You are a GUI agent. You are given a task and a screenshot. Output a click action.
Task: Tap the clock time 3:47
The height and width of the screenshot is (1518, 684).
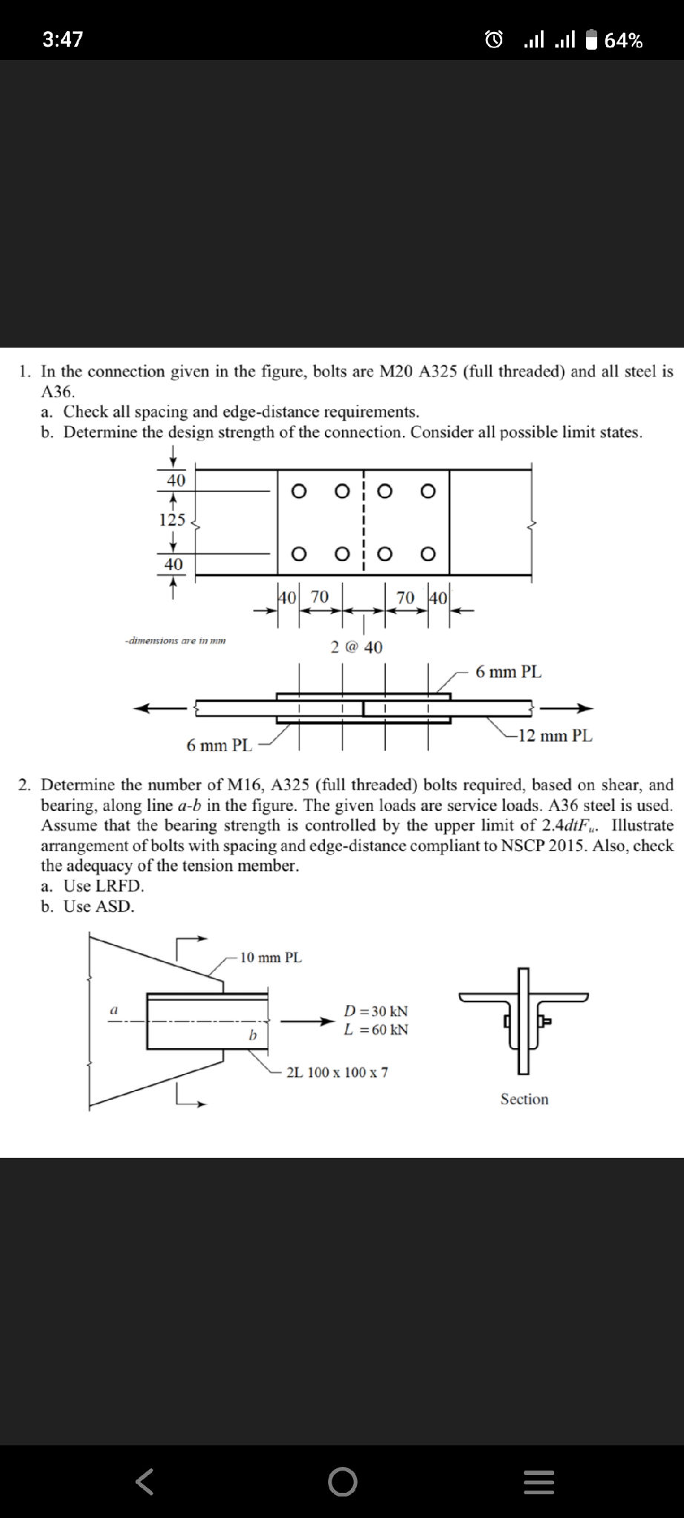63,39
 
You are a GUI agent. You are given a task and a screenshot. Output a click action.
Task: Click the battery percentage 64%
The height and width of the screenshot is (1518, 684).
623,40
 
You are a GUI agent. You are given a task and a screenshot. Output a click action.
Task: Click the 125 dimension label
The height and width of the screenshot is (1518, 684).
172,520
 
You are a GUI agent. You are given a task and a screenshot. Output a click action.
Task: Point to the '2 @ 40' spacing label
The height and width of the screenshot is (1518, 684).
357,647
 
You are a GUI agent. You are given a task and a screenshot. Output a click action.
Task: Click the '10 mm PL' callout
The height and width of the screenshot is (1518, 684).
271,958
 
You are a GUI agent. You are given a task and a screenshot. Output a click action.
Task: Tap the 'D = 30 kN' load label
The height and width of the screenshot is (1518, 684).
376,1011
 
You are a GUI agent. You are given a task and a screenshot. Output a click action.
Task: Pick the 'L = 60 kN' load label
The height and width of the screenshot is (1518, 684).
376,1030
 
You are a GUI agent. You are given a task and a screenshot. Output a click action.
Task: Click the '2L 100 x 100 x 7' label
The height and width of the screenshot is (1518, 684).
337,1073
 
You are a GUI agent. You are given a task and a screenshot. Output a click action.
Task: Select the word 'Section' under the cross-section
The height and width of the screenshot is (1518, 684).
524,1099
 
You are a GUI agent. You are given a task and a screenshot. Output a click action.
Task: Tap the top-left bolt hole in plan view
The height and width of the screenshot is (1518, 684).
298,491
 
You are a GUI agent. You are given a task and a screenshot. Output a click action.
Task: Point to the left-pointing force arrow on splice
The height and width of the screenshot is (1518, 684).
160,709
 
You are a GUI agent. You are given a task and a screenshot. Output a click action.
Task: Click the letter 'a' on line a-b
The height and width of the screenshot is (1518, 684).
114,1010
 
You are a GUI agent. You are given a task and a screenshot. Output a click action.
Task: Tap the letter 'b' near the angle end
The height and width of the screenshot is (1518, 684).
252,1035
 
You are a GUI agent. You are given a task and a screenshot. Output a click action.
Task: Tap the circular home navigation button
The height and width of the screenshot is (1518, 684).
342,1482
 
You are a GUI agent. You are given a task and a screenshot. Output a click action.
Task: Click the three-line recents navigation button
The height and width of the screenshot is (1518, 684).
539,1482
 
